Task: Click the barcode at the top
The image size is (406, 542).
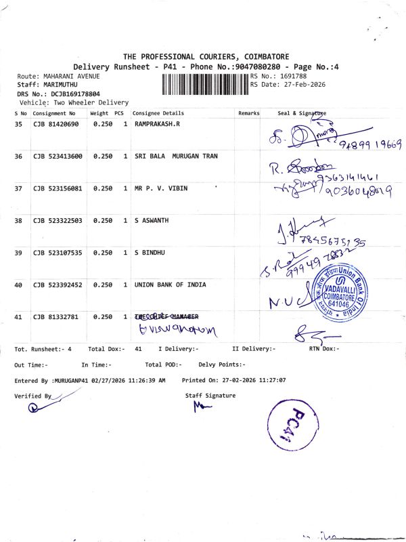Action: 205,85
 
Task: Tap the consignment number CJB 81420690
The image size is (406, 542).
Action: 56,125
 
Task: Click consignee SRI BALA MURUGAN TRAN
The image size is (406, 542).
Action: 176,157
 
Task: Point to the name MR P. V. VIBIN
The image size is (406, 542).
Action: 160,188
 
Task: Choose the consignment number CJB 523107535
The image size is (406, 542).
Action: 58,253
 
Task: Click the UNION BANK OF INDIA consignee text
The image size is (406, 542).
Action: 170,285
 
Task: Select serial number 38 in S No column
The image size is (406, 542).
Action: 18,221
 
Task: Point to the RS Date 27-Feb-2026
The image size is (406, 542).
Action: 288,85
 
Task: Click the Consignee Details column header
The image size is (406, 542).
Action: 158,113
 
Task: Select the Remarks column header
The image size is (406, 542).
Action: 248,113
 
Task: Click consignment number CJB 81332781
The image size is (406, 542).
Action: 56,317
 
